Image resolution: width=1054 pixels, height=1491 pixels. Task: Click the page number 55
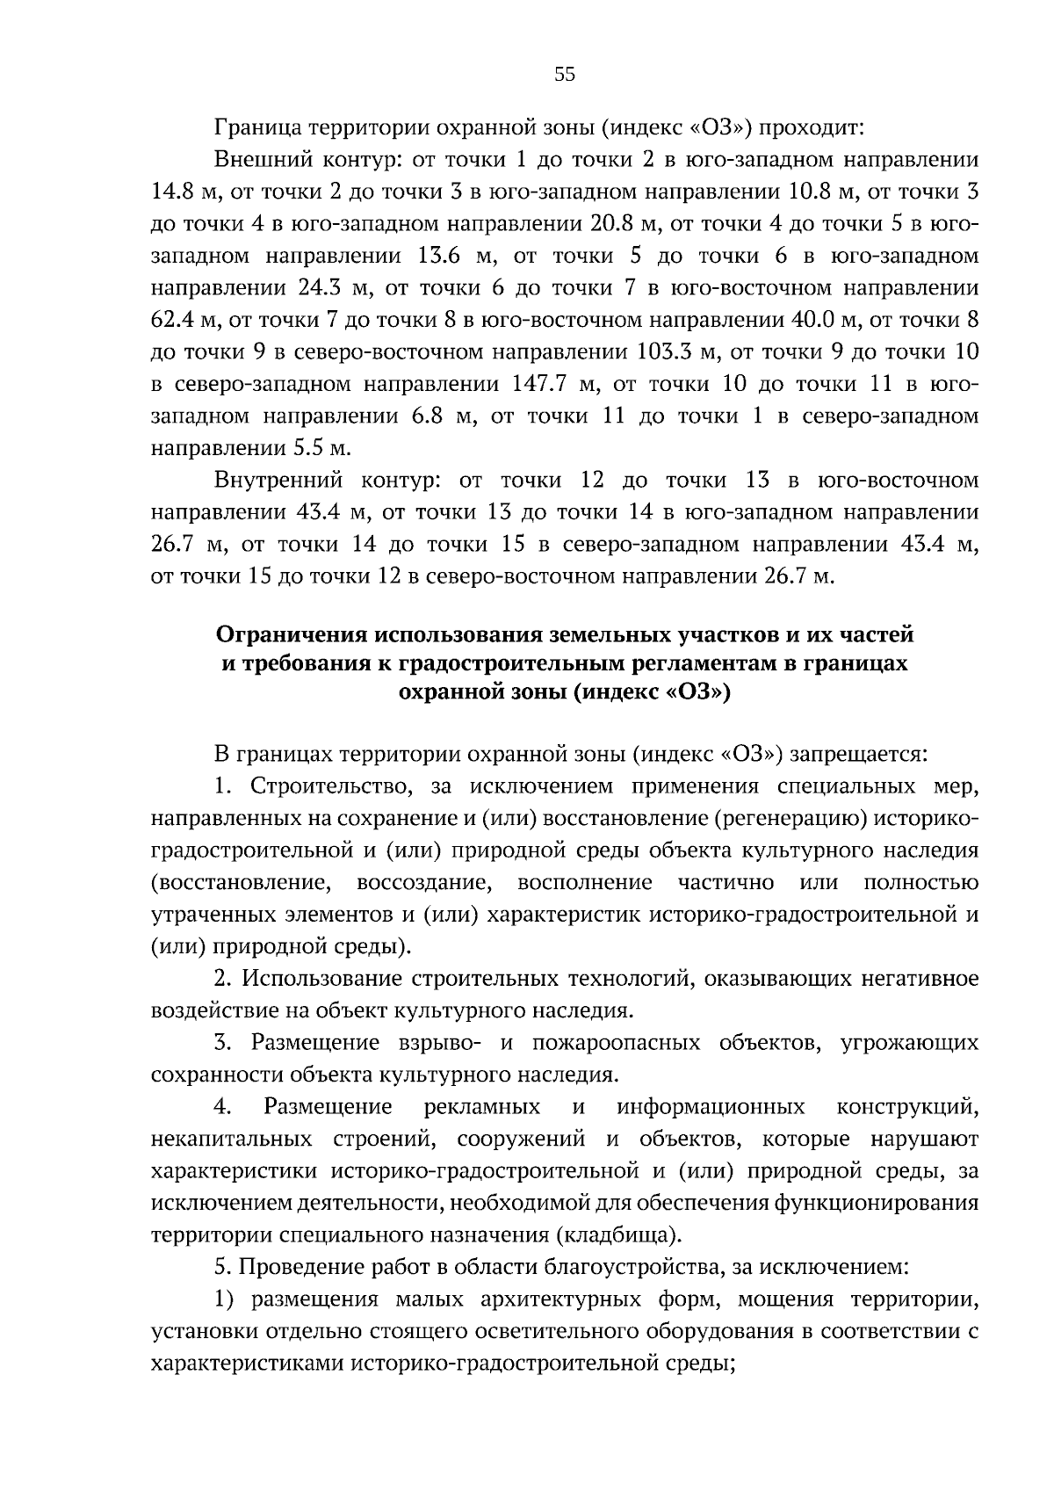[x=565, y=75]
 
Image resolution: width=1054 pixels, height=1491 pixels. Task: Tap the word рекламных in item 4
[x=481, y=1106]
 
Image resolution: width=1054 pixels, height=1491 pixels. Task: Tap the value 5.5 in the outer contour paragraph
[x=307, y=448]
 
